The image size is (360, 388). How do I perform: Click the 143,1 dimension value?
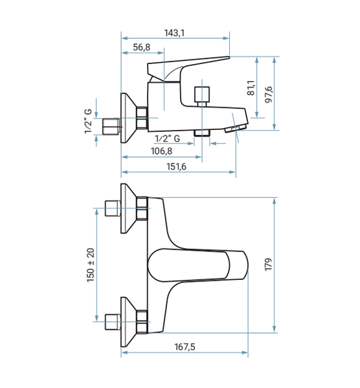click(x=174, y=33)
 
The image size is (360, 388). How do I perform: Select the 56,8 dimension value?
click(x=141, y=47)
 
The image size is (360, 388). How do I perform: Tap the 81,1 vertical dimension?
click(x=251, y=88)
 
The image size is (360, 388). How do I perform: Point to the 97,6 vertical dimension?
click(x=268, y=95)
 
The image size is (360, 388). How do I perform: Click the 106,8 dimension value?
click(x=161, y=151)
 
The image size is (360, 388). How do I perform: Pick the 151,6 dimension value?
click(x=176, y=167)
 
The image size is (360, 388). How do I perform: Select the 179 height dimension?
click(x=268, y=264)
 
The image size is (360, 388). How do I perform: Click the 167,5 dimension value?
click(x=185, y=347)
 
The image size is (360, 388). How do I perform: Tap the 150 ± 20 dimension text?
click(x=91, y=265)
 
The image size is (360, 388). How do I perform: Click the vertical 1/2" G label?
click(x=88, y=122)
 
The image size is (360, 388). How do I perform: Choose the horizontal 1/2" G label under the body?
click(x=168, y=138)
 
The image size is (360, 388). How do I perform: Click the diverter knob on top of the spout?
click(x=202, y=96)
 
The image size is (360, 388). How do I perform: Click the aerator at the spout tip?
click(x=236, y=129)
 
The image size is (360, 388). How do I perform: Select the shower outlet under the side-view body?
click(x=202, y=133)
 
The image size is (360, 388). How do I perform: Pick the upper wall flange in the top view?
click(x=128, y=208)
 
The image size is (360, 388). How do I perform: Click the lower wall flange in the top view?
click(x=128, y=322)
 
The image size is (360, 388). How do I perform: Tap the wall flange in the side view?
click(x=128, y=118)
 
